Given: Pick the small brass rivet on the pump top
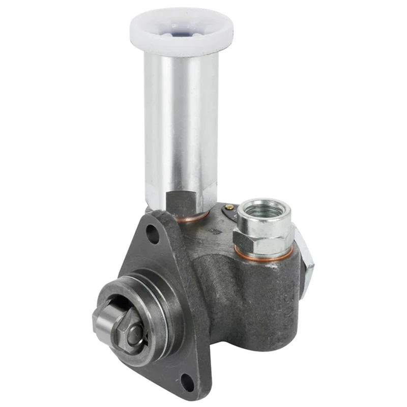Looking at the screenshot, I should (229, 207).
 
